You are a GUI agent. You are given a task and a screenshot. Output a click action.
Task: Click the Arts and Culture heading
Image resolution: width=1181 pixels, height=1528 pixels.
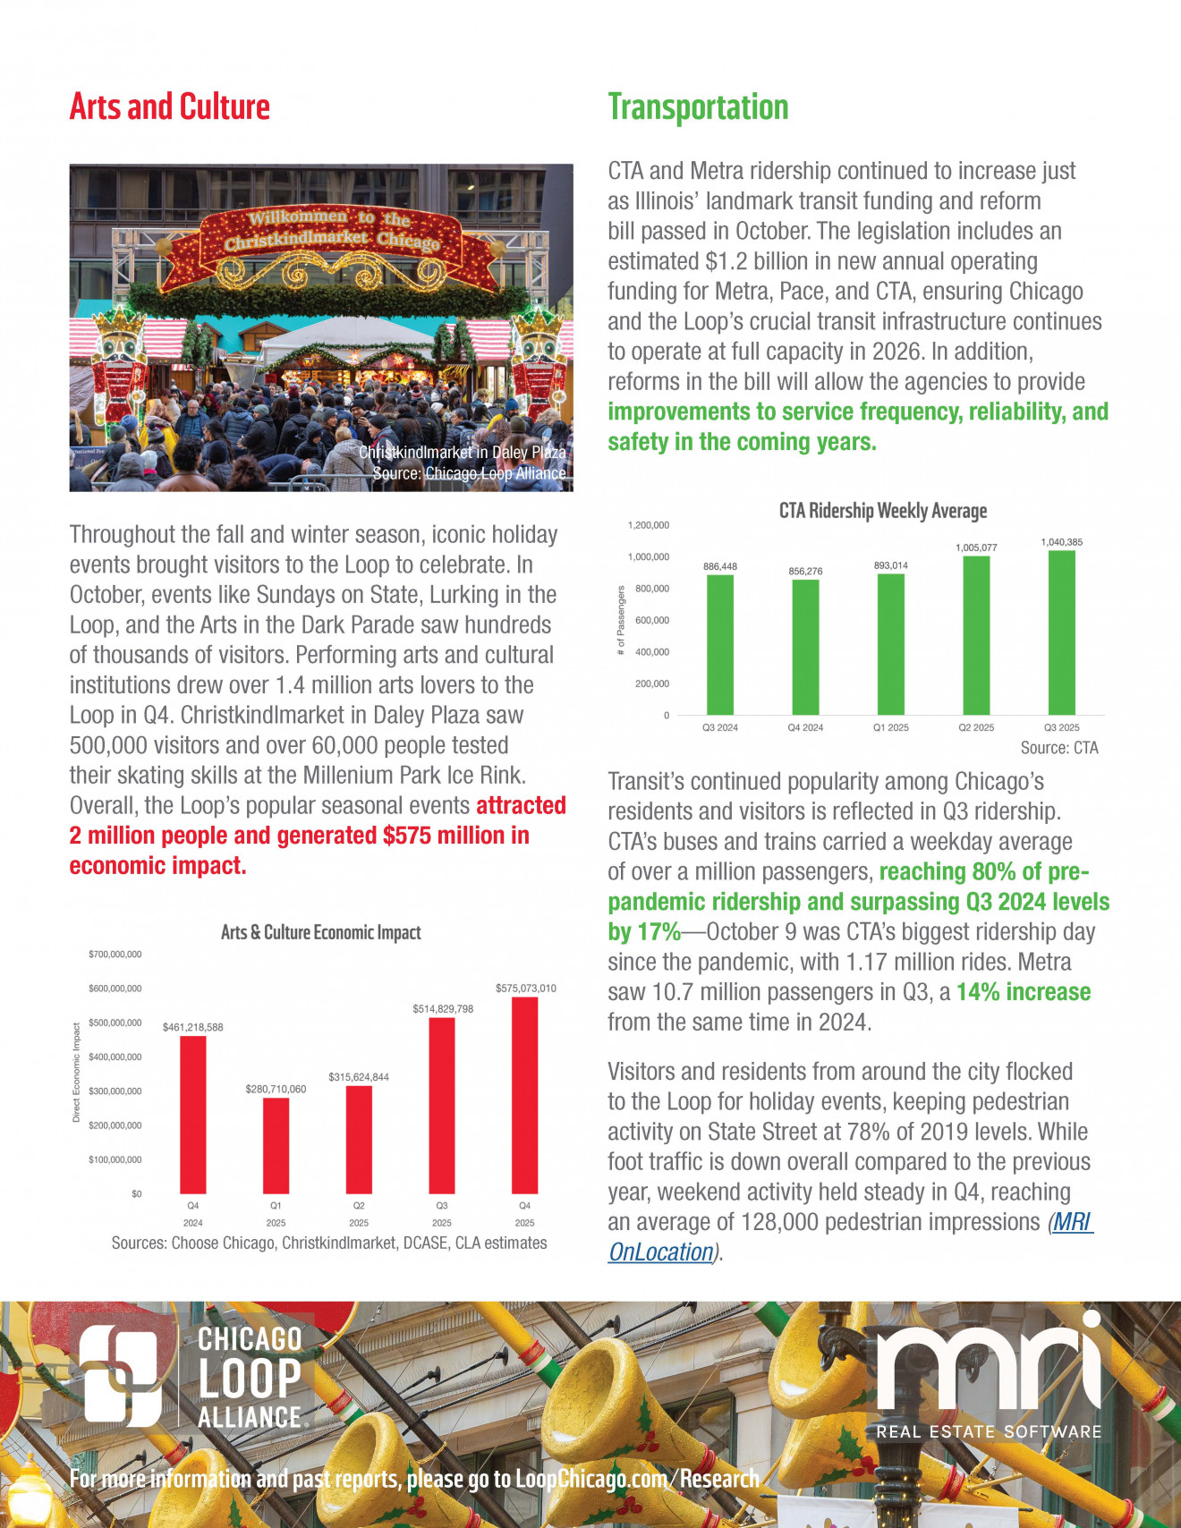pyautogui.click(x=170, y=106)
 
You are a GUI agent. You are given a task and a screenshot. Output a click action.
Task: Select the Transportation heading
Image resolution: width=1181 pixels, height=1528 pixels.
pyautogui.click(x=698, y=107)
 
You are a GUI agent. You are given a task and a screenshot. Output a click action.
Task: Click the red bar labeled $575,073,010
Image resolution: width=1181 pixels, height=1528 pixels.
pyautogui.click(x=525, y=1095)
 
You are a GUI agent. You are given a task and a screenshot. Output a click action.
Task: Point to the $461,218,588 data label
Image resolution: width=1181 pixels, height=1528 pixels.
pyautogui.click(x=192, y=1027)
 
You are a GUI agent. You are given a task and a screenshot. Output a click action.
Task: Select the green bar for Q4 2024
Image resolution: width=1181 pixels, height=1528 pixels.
pyautogui.click(x=805, y=647)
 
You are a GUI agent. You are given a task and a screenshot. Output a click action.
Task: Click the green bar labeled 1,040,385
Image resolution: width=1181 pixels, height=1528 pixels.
pyautogui.click(x=1062, y=632)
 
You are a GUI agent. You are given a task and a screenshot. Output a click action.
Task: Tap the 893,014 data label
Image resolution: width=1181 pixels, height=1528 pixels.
pyautogui.click(x=890, y=565)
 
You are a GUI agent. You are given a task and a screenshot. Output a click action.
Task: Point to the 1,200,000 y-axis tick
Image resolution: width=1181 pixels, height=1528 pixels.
pyautogui.click(x=648, y=525)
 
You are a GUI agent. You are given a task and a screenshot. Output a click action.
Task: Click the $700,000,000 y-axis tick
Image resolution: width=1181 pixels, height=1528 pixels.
pyautogui.click(x=115, y=955)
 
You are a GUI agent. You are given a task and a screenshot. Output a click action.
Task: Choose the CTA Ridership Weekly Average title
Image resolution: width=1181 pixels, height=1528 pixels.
pyautogui.click(x=883, y=511)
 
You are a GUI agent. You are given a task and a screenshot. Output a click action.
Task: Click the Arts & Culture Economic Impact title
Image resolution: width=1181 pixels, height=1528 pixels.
pyautogui.click(x=320, y=932)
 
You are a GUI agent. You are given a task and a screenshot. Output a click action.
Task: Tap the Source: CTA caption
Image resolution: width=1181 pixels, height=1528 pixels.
pyautogui.click(x=1058, y=748)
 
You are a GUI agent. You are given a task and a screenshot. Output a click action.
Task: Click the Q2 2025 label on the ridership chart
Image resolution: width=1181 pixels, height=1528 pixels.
pyautogui.click(x=976, y=727)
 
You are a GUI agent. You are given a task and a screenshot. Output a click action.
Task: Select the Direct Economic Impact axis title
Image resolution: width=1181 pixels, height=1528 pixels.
pyautogui.click(x=76, y=1073)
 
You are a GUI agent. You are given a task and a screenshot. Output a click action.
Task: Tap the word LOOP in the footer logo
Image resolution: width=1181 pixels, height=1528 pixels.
pyautogui.click(x=250, y=1379)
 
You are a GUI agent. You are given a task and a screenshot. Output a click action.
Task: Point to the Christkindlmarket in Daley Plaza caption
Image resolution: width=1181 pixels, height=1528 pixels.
pyautogui.click(x=462, y=453)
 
